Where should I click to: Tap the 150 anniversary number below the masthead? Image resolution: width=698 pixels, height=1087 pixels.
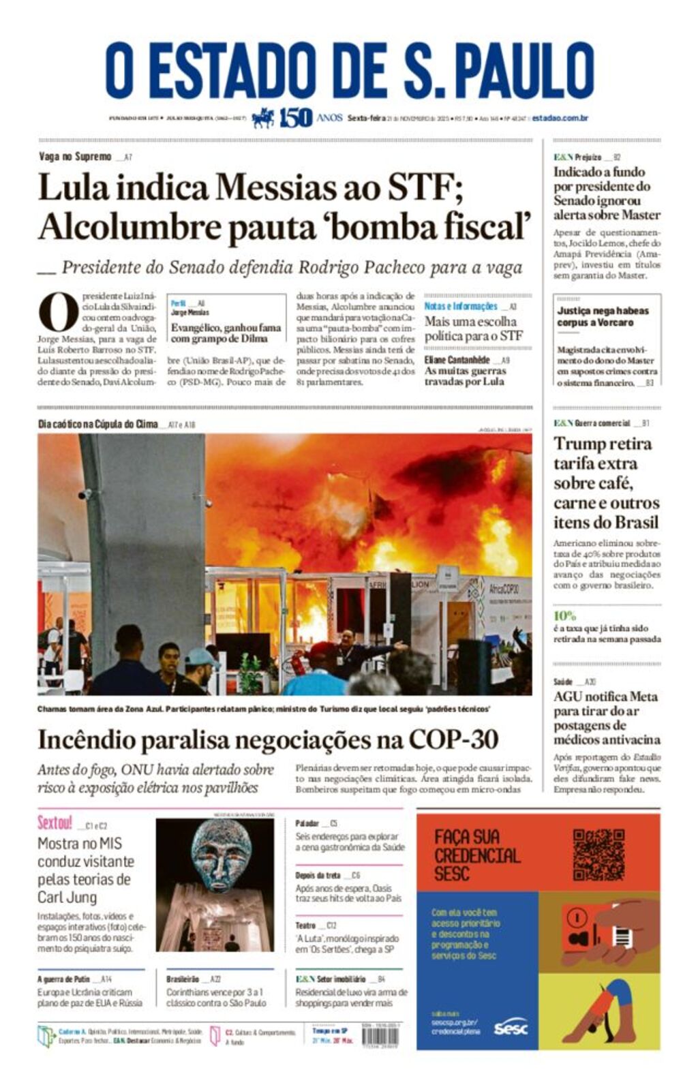pos(295,118)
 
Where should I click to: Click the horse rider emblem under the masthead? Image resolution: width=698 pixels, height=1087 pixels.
pos(263,118)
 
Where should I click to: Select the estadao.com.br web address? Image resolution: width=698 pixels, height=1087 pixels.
pos(560,118)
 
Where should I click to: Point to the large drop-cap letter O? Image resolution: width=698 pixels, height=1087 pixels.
pos(58,313)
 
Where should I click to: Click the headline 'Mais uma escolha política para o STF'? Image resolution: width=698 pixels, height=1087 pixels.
pos(474,328)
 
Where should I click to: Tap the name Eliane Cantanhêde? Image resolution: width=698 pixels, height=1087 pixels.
pos(457,359)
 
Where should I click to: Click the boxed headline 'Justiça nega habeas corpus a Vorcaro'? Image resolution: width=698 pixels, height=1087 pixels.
pos(603,316)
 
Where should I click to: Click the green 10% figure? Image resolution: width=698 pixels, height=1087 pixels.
pos(564,615)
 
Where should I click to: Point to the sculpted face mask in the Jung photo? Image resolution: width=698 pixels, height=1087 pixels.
pos(218,856)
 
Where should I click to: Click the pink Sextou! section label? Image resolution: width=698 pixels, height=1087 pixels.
pos(55,823)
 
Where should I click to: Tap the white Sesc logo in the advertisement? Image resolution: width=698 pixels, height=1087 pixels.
pos(511,1027)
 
